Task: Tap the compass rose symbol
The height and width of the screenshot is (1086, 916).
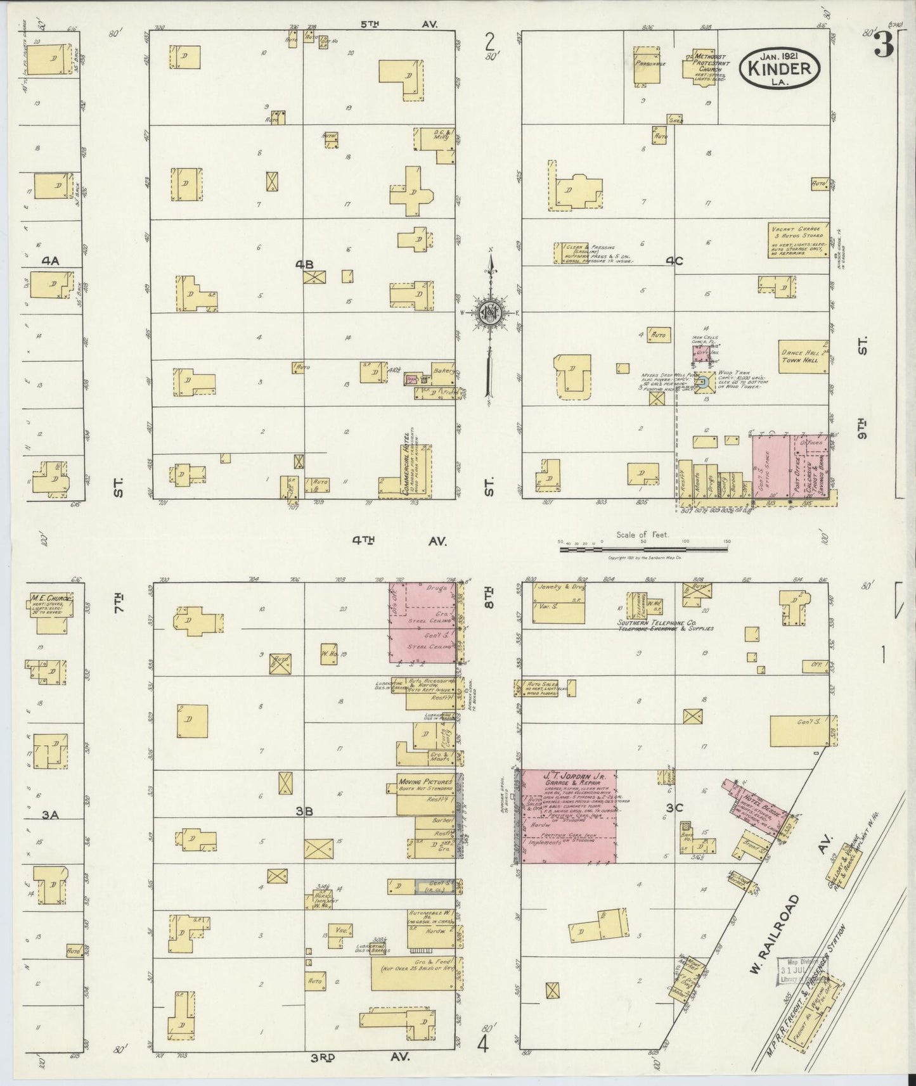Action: tap(490, 312)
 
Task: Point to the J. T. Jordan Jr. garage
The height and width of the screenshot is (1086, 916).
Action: tap(569, 817)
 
